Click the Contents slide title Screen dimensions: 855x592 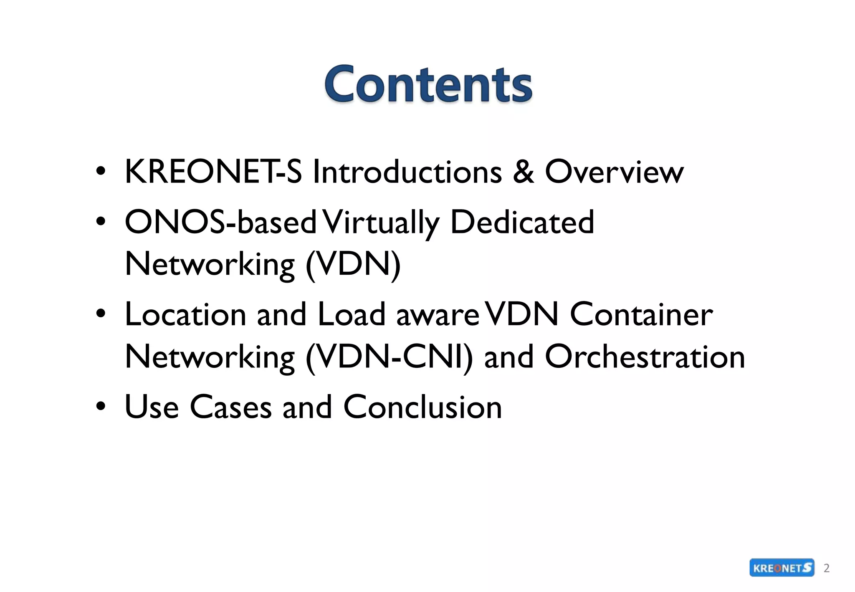[x=428, y=84]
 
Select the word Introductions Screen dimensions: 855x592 [x=407, y=172]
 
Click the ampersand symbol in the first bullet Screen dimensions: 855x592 [x=523, y=172]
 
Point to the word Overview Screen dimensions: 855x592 [x=614, y=172]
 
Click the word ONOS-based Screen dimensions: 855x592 [x=220, y=222]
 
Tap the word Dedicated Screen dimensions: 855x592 [x=522, y=222]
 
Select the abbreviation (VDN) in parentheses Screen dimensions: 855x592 [x=353, y=264]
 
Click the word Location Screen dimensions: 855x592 [x=185, y=314]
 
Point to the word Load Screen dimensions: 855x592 [x=351, y=314]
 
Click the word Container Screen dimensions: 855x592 [x=641, y=314]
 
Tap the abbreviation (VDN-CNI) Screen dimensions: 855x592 [x=389, y=357]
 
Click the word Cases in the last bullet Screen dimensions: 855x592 [x=230, y=407]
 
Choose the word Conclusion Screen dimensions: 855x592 [x=422, y=407]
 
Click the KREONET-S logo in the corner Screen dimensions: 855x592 [x=782, y=568]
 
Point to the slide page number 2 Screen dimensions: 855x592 [x=826, y=568]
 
